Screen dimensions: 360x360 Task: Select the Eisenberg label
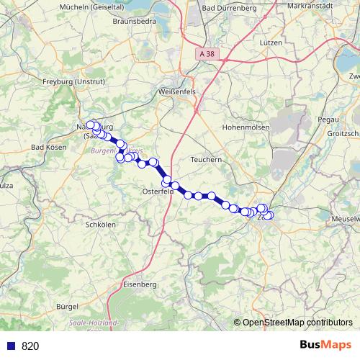tap(140, 285)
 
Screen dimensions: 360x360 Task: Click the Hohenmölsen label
tap(246, 127)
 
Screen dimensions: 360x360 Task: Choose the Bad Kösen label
tap(49, 147)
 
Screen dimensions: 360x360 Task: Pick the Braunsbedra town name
tap(135, 22)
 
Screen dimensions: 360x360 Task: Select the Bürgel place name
tap(67, 306)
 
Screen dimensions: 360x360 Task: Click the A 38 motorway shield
tap(208, 54)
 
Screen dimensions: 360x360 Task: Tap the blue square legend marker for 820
tap(10, 346)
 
